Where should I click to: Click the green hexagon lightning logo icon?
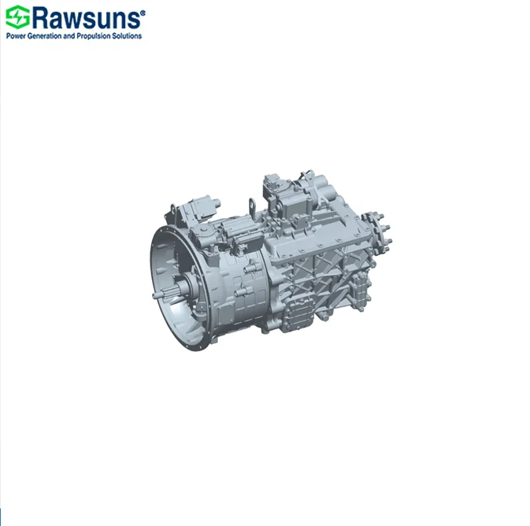click(x=17, y=17)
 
